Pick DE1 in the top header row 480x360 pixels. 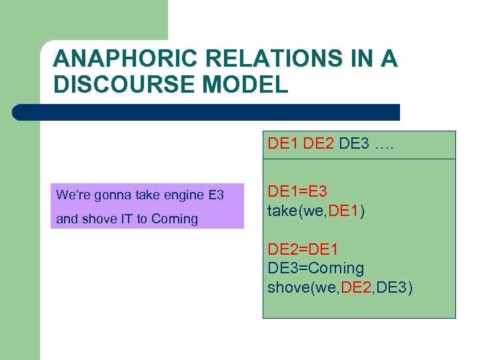[x=283, y=144]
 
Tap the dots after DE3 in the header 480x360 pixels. [x=383, y=144]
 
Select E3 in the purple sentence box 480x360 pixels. [x=216, y=195]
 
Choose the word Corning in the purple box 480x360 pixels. [x=175, y=219]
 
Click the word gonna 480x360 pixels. [x=109, y=195]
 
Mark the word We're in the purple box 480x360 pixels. [x=71, y=195]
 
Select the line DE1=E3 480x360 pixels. [x=297, y=192]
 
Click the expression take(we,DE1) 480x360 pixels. [x=315, y=211]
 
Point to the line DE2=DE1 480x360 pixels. [x=303, y=250]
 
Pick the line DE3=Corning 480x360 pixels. [x=316, y=269]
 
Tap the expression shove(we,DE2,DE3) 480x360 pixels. [x=340, y=287]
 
